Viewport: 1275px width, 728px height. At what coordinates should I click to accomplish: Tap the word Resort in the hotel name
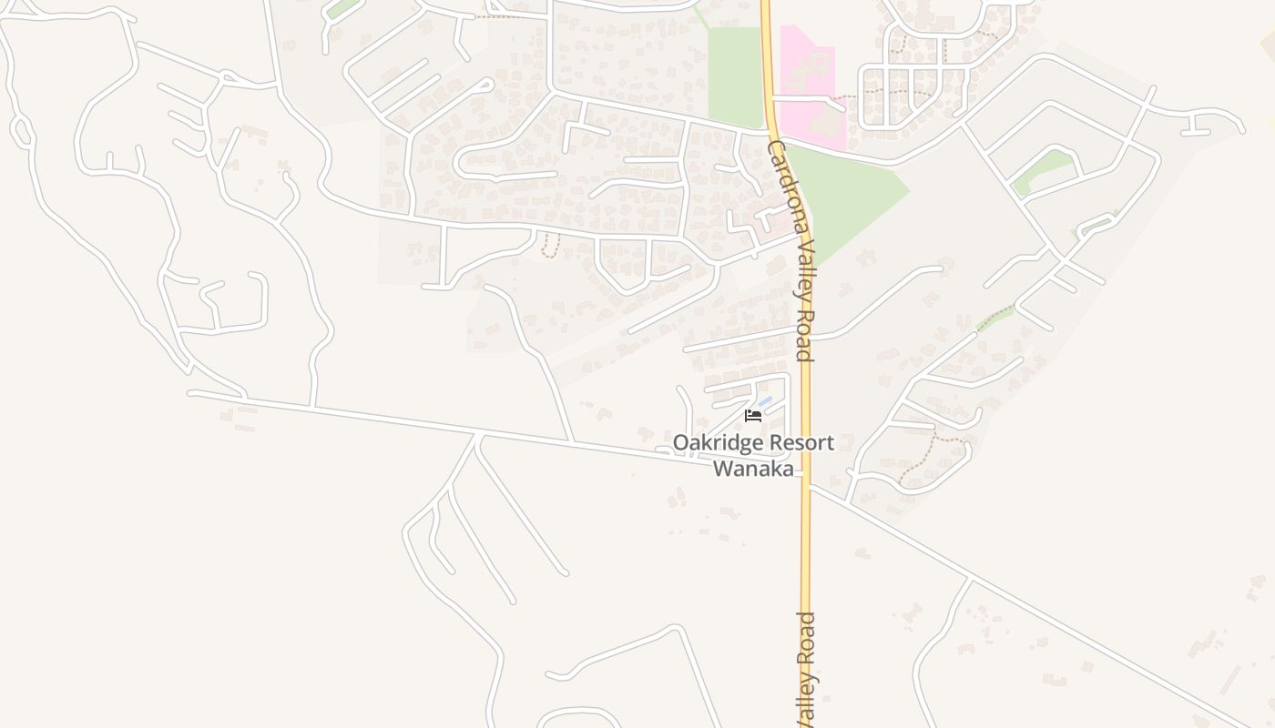[801, 443]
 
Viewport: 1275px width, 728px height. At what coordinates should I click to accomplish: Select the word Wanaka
[752, 469]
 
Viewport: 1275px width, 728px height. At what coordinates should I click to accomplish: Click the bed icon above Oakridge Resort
[753, 416]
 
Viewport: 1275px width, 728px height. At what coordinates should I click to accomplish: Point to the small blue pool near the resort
[765, 401]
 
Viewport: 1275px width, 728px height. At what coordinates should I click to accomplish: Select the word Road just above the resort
[804, 337]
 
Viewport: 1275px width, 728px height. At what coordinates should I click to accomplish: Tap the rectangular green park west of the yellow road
[735, 77]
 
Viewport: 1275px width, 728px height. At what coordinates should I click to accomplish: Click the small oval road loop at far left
[21, 132]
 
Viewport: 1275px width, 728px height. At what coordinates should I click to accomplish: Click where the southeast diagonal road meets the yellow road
[807, 486]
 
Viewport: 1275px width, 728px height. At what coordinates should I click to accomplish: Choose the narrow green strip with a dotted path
[995, 318]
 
